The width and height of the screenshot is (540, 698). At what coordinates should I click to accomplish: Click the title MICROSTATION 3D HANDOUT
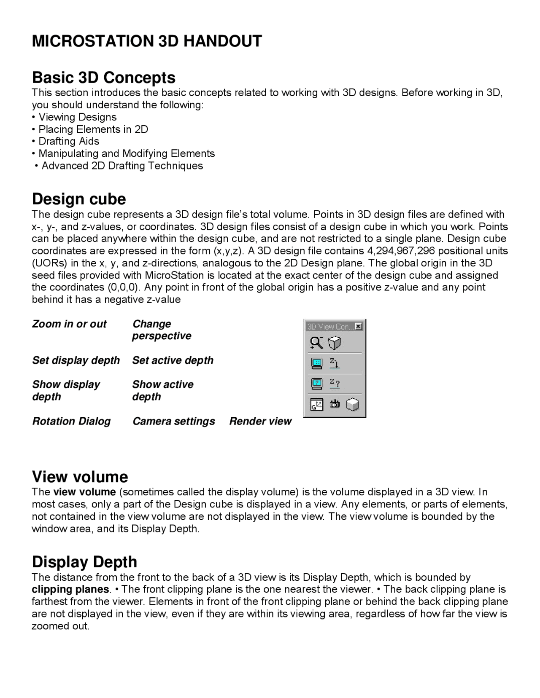tap(147, 41)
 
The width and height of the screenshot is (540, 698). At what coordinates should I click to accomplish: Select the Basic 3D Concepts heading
tap(103, 78)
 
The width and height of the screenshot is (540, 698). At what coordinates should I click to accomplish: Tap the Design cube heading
tap(79, 199)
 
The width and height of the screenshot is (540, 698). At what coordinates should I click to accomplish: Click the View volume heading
tap(80, 477)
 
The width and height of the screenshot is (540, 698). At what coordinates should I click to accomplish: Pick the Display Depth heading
tap(84, 562)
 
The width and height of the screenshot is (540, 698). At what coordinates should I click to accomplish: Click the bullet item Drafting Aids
tap(69, 141)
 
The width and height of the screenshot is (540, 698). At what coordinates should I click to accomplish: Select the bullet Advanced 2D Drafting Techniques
tap(122, 166)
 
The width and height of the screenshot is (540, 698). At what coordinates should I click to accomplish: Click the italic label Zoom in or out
tap(69, 324)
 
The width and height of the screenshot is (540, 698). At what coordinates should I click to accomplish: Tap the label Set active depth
tap(173, 360)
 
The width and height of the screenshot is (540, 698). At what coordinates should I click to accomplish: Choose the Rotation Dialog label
tap(71, 421)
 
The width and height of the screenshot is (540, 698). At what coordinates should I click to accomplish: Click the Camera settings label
tap(173, 421)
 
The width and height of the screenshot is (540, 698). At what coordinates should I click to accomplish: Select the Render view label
tap(260, 421)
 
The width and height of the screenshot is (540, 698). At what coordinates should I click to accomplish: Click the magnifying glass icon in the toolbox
tap(316, 343)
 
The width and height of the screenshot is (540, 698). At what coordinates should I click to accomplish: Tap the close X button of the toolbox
tap(358, 326)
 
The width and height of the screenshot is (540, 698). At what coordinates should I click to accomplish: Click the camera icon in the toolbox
tap(335, 405)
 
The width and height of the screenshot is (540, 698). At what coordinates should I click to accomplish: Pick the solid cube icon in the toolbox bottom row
tap(353, 405)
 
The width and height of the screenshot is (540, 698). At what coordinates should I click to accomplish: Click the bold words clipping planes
tap(70, 589)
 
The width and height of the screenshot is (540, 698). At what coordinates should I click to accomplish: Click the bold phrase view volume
tap(84, 492)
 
